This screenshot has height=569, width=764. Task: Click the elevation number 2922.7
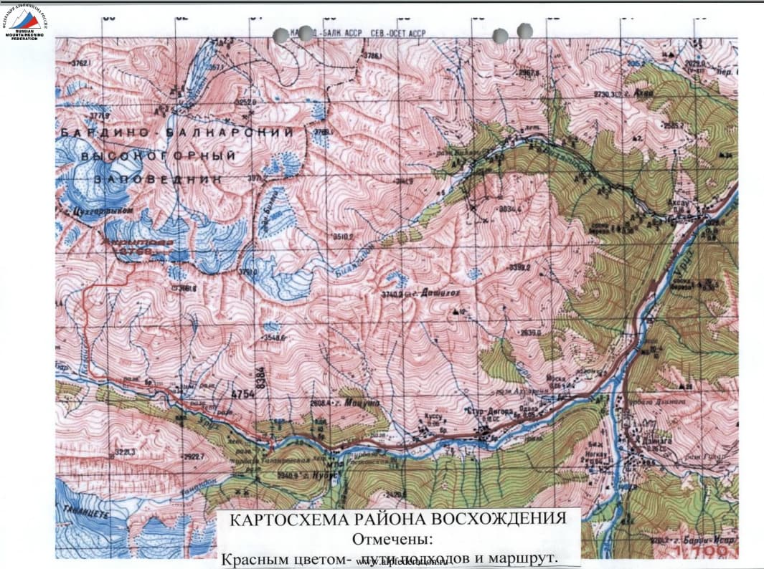194,456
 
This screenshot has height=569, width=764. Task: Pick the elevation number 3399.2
519,267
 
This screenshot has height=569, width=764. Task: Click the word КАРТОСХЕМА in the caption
284,518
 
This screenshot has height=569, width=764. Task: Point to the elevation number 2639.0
530,332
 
